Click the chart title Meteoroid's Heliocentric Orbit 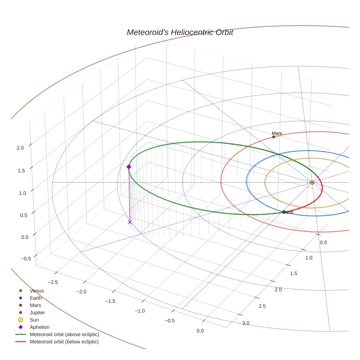pos(180,33)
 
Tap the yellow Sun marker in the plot pos(312,182)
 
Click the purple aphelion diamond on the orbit pos(129,167)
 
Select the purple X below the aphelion pos(130,222)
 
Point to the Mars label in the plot pos(277,133)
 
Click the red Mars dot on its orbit pos(273,137)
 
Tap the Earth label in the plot pos(288,212)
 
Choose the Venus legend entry pos(37,290)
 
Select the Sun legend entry pos(34,320)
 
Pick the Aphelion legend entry pos(39,327)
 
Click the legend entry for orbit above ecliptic pos(64,334)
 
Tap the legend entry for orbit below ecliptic pos(64,342)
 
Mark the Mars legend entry pos(35,305)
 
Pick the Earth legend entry pos(35,298)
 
